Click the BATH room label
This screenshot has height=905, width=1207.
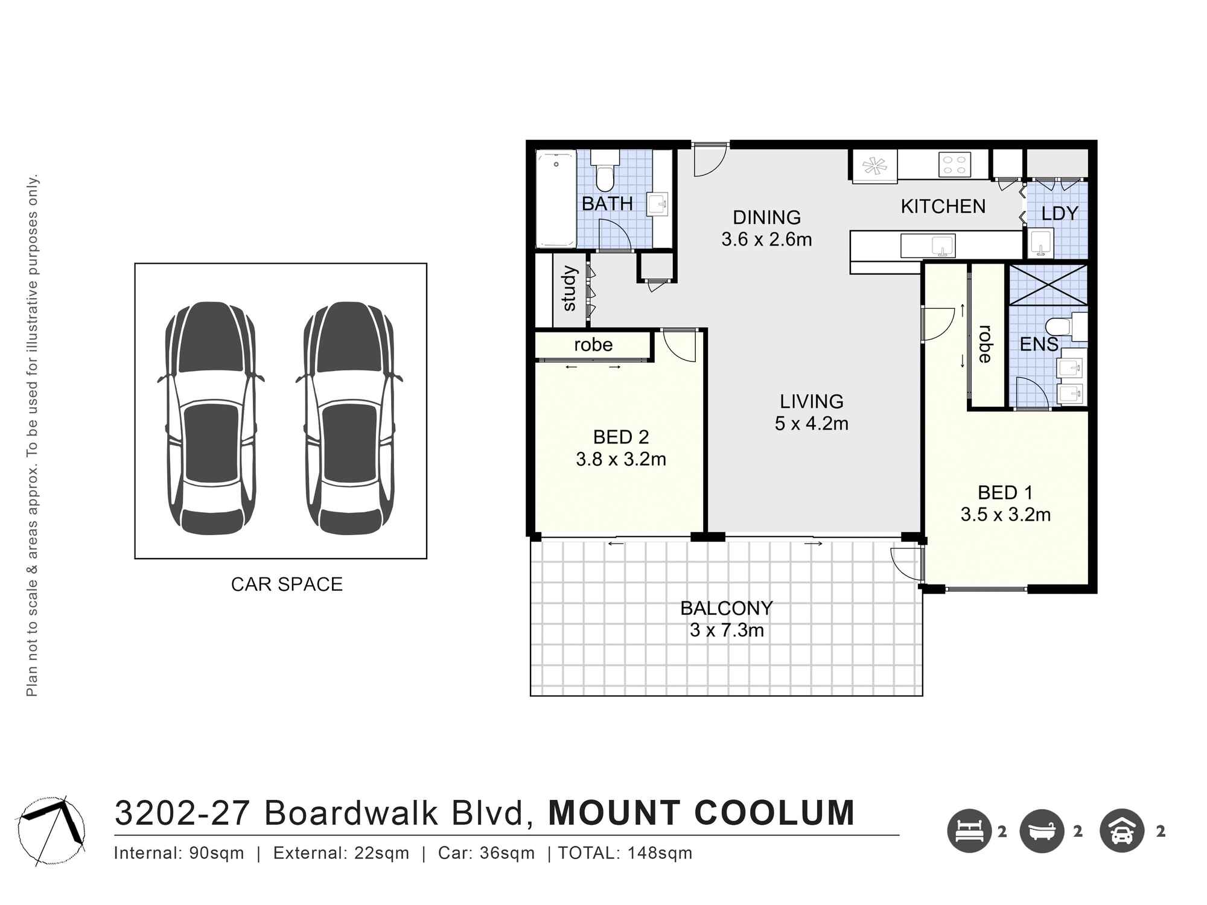click(x=607, y=204)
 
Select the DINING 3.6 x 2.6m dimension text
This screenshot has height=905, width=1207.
click(x=766, y=240)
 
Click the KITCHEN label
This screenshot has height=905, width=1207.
click(x=943, y=206)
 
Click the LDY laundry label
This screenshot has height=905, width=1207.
click(x=1059, y=214)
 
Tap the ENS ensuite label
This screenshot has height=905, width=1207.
click(x=1039, y=345)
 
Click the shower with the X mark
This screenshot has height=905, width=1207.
click(x=1048, y=285)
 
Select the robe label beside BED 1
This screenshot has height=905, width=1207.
click(x=986, y=344)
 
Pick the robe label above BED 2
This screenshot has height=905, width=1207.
click(x=593, y=345)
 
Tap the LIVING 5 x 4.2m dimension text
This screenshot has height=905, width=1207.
click(x=811, y=424)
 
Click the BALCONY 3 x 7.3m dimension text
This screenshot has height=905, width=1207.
click(x=727, y=630)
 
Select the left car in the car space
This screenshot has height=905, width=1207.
click(x=211, y=418)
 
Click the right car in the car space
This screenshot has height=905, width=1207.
click(x=349, y=418)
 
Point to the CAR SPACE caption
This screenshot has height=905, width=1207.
click(x=287, y=584)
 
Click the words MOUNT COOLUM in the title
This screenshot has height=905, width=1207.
click(x=701, y=813)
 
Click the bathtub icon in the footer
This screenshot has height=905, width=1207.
click(x=1042, y=831)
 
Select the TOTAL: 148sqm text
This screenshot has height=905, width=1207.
click(x=625, y=853)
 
